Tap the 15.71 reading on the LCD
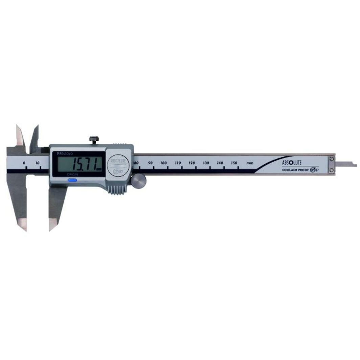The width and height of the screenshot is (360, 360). [x=80, y=164]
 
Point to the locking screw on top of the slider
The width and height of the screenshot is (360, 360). [x=94, y=139]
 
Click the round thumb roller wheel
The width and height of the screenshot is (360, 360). [x=138, y=182]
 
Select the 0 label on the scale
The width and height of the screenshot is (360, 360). [x=24, y=163]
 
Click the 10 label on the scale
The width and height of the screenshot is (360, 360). [x=37, y=163]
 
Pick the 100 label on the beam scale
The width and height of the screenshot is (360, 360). [x=164, y=163]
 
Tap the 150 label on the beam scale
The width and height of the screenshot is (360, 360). [x=234, y=163]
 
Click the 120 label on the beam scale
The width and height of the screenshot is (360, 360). [x=192, y=163]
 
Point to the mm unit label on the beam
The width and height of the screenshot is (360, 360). [x=250, y=163]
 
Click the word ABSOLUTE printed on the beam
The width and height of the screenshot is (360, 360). [x=292, y=162]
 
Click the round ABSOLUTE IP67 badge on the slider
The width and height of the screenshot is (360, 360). [x=118, y=164]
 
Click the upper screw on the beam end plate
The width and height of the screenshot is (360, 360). [x=332, y=159]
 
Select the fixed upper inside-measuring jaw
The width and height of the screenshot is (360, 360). [x=19, y=135]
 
